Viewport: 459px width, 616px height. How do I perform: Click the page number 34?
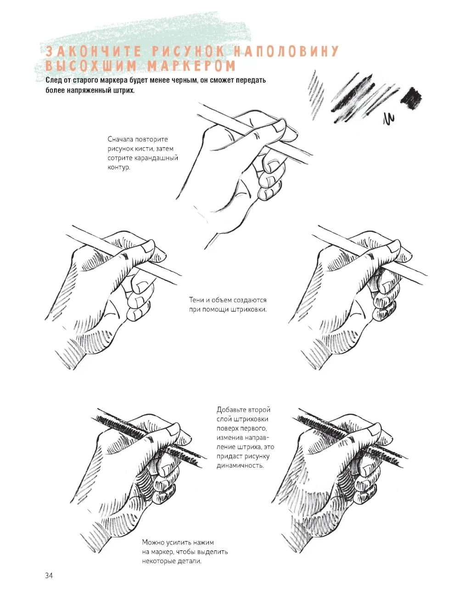(49, 576)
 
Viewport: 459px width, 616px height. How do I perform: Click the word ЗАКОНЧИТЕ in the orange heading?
(95, 51)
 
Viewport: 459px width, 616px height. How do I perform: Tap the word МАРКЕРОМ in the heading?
(191, 66)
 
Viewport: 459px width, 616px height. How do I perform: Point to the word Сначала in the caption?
(120, 139)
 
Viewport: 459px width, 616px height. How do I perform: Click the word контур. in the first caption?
(119, 168)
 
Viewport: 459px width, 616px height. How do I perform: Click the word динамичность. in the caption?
(240, 465)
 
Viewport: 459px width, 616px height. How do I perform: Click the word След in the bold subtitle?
(53, 80)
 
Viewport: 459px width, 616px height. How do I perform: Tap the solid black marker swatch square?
(411, 98)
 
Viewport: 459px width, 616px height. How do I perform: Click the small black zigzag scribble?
(389, 119)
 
